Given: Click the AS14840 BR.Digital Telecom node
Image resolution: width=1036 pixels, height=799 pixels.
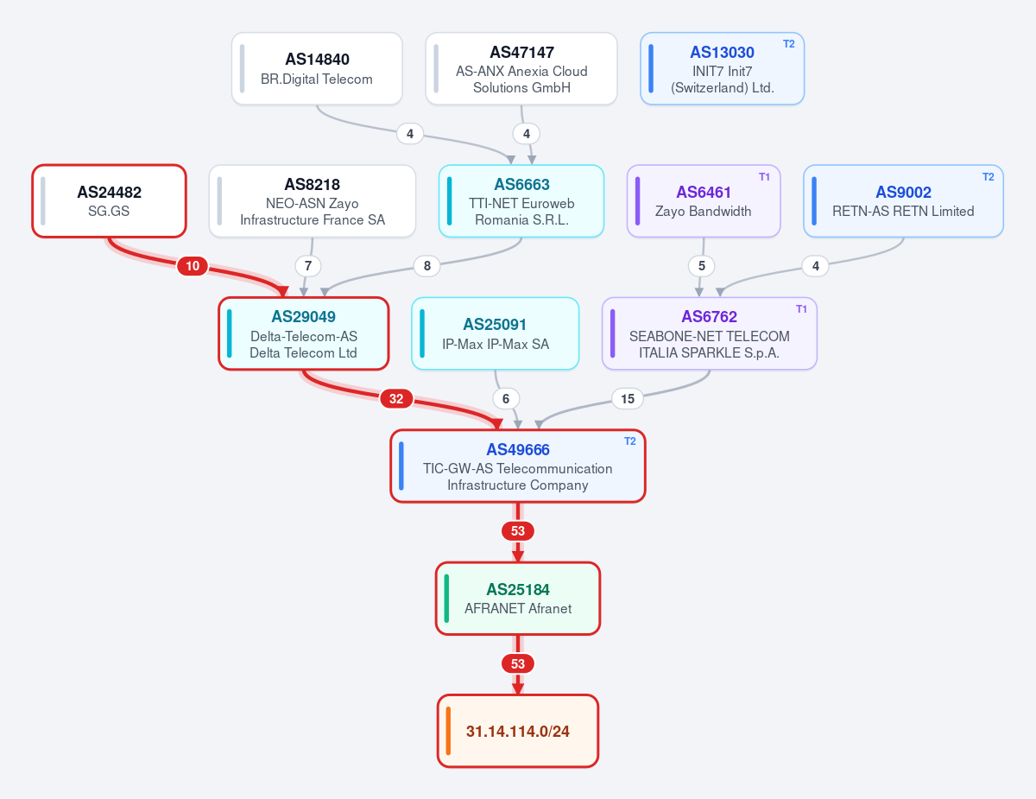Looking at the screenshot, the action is point(317,69).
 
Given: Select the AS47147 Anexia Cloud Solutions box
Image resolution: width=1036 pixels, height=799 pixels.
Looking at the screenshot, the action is point(521,69).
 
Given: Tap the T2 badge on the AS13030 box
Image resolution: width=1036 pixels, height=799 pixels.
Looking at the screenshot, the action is point(788,44).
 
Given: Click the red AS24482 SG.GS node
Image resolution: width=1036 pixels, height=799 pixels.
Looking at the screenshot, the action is point(109,200).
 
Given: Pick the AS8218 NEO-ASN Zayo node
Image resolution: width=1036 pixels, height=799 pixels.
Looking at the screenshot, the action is point(313,200).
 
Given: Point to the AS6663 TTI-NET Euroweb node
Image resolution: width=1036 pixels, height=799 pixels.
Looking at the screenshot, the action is point(521,200).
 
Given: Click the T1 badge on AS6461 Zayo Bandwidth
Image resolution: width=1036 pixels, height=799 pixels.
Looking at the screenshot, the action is point(764,177).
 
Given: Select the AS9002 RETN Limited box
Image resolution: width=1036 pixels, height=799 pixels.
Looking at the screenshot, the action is point(903,200).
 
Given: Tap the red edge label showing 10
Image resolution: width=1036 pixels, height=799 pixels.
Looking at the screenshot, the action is point(193,266).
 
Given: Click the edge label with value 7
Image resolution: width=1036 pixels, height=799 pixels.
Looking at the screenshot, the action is point(308,266).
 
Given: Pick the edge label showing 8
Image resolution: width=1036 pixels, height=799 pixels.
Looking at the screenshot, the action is point(427,266).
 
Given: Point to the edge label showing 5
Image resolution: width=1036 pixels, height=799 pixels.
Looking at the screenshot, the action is point(701,266).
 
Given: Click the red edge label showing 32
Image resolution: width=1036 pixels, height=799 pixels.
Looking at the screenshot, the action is point(396,398).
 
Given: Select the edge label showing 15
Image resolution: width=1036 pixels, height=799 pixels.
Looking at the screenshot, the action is point(628,398).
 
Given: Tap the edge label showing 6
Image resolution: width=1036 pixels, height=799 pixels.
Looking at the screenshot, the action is point(506,398).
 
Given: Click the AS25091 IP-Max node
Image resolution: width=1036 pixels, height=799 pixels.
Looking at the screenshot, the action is point(496,333).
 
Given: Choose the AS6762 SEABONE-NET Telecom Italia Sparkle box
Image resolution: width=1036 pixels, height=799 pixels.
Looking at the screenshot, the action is point(710,333).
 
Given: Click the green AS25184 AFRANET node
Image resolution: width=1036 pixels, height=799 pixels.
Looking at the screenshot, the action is point(518,599).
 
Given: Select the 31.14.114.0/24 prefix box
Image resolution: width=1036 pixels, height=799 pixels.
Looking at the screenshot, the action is point(518,731).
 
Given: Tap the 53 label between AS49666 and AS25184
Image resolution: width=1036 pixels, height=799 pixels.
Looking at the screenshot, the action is point(518,531).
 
